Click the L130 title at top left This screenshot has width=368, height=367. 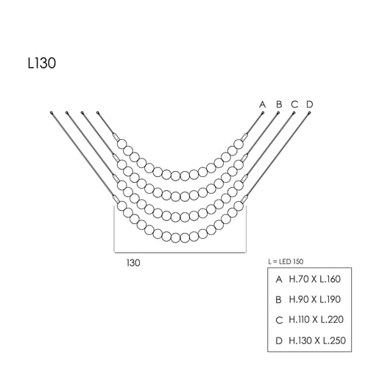pos(42,63)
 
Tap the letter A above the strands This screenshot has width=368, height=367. pos(263,105)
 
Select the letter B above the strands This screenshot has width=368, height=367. pos(279,105)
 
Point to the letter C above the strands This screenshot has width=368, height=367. pos(294,105)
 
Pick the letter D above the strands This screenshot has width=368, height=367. pos(310,105)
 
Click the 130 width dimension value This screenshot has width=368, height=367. pos(133,263)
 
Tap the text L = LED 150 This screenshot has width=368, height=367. pos(286,262)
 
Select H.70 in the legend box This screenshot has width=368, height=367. pos(299,279)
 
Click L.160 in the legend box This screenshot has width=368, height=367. pos(330,279)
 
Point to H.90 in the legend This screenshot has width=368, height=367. pos(299,299)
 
